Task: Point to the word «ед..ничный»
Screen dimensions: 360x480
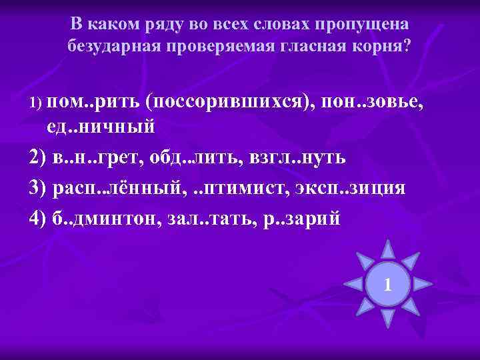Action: click(100, 124)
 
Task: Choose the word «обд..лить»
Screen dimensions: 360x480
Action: click(190, 157)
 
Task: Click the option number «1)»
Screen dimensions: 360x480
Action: click(36, 102)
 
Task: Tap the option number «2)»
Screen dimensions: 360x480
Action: click(39, 157)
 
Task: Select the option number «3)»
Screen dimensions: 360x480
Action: click(39, 187)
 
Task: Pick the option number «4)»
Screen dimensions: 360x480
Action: click(39, 218)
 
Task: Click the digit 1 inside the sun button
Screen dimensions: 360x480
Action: click(387, 287)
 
